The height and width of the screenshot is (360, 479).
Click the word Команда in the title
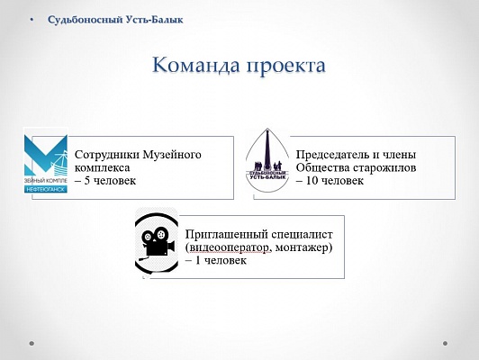click(x=195, y=65)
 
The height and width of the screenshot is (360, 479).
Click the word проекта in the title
click(x=286, y=67)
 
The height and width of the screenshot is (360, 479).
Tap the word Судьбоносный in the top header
click(x=86, y=20)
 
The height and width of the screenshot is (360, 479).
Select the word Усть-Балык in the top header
click(x=155, y=20)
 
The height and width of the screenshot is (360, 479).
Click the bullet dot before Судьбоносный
click(x=32, y=20)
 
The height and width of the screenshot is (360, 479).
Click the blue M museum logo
click(x=46, y=160)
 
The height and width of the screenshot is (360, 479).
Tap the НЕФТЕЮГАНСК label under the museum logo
click(x=46, y=190)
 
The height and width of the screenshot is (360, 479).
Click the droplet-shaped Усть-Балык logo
click(x=267, y=160)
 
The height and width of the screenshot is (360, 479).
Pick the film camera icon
click(x=157, y=240)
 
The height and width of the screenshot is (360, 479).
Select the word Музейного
click(x=172, y=155)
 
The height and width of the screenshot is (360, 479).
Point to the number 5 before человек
click(x=87, y=181)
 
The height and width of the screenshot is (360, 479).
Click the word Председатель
click(x=332, y=155)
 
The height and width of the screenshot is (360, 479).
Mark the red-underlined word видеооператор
click(x=229, y=247)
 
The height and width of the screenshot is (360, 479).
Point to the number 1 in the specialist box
click(x=198, y=260)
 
